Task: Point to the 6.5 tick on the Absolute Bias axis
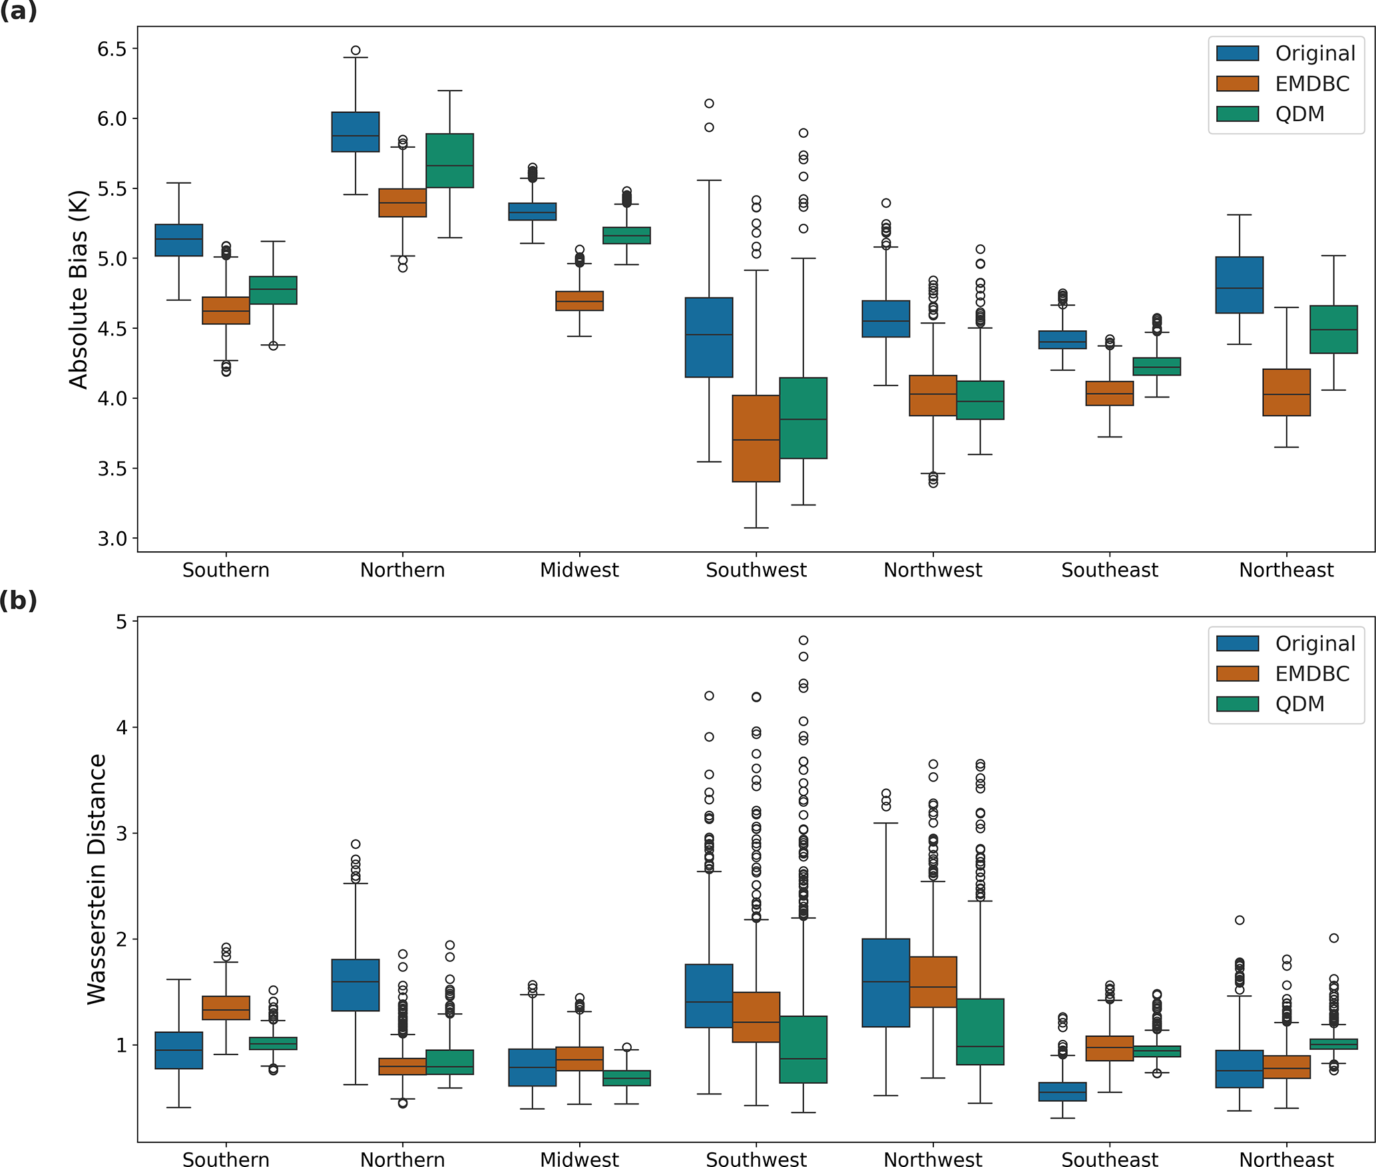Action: tap(112, 49)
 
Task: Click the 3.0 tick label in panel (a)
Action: tap(112, 539)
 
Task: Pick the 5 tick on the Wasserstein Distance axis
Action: tap(121, 622)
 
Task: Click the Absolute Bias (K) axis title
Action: tap(79, 290)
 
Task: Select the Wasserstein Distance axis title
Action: tap(97, 879)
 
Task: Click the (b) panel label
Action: tap(19, 600)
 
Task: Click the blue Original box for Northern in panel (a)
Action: tap(355, 132)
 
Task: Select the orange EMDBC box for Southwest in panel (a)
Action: tap(756, 438)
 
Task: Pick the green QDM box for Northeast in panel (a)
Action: tap(1333, 329)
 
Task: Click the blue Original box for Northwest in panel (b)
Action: tap(885, 983)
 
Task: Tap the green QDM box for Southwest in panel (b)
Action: tap(803, 1049)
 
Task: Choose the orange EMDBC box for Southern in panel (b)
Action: tap(226, 1008)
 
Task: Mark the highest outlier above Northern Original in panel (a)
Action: tap(355, 51)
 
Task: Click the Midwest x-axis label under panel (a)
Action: tap(579, 571)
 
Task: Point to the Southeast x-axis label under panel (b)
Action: tap(1110, 1159)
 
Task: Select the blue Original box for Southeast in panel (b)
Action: tap(1062, 1092)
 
